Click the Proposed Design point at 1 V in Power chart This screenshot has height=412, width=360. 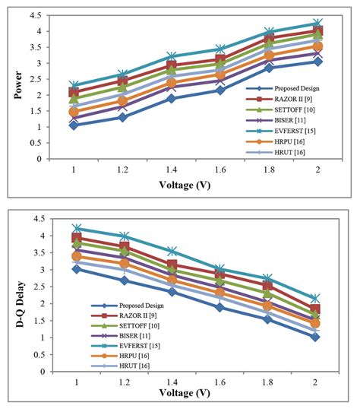74,125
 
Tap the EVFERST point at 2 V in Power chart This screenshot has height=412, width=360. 317,24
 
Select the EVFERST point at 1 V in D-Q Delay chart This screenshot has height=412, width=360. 74,228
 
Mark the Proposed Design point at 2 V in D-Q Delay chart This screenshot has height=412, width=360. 315,337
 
